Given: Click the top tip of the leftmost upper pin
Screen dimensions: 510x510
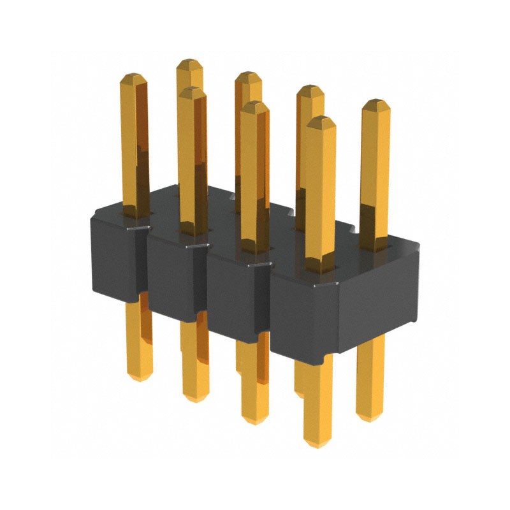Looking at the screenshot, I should (134, 76).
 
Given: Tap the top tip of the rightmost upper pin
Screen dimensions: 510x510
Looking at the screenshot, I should (375, 101).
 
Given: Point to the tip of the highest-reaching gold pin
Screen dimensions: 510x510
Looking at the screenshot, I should (189, 62).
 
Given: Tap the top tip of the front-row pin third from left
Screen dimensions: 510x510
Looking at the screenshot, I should (254, 103).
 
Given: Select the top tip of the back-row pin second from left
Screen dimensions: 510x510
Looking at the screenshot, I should (189, 62).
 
